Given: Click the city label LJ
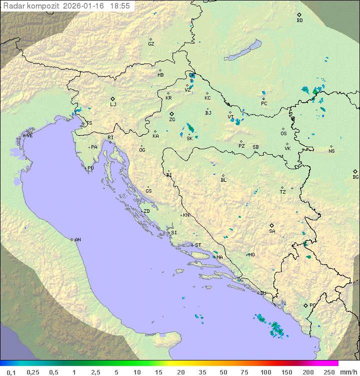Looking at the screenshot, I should point(113,105).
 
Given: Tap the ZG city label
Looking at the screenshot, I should point(172,120).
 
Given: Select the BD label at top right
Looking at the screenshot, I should point(299,21).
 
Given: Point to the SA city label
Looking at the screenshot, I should point(272,231).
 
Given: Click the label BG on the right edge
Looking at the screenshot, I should point(355,177).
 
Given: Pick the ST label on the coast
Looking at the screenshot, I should point(198,245).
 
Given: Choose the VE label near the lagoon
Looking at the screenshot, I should point(29,136).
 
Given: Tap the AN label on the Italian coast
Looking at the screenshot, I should point(77,240).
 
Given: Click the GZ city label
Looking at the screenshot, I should point(151,44).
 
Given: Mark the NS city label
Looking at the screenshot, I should point(331,151).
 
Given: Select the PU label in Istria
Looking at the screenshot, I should point(90,168).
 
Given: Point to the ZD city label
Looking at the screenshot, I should point(146,211).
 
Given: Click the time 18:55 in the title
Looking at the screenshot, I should point(120,6).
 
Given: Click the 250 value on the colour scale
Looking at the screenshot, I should point(328,372).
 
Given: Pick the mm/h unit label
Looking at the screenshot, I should point(348,372).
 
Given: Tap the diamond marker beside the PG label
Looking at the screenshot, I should point(305,305).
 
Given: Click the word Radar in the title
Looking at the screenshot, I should point(13,6).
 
